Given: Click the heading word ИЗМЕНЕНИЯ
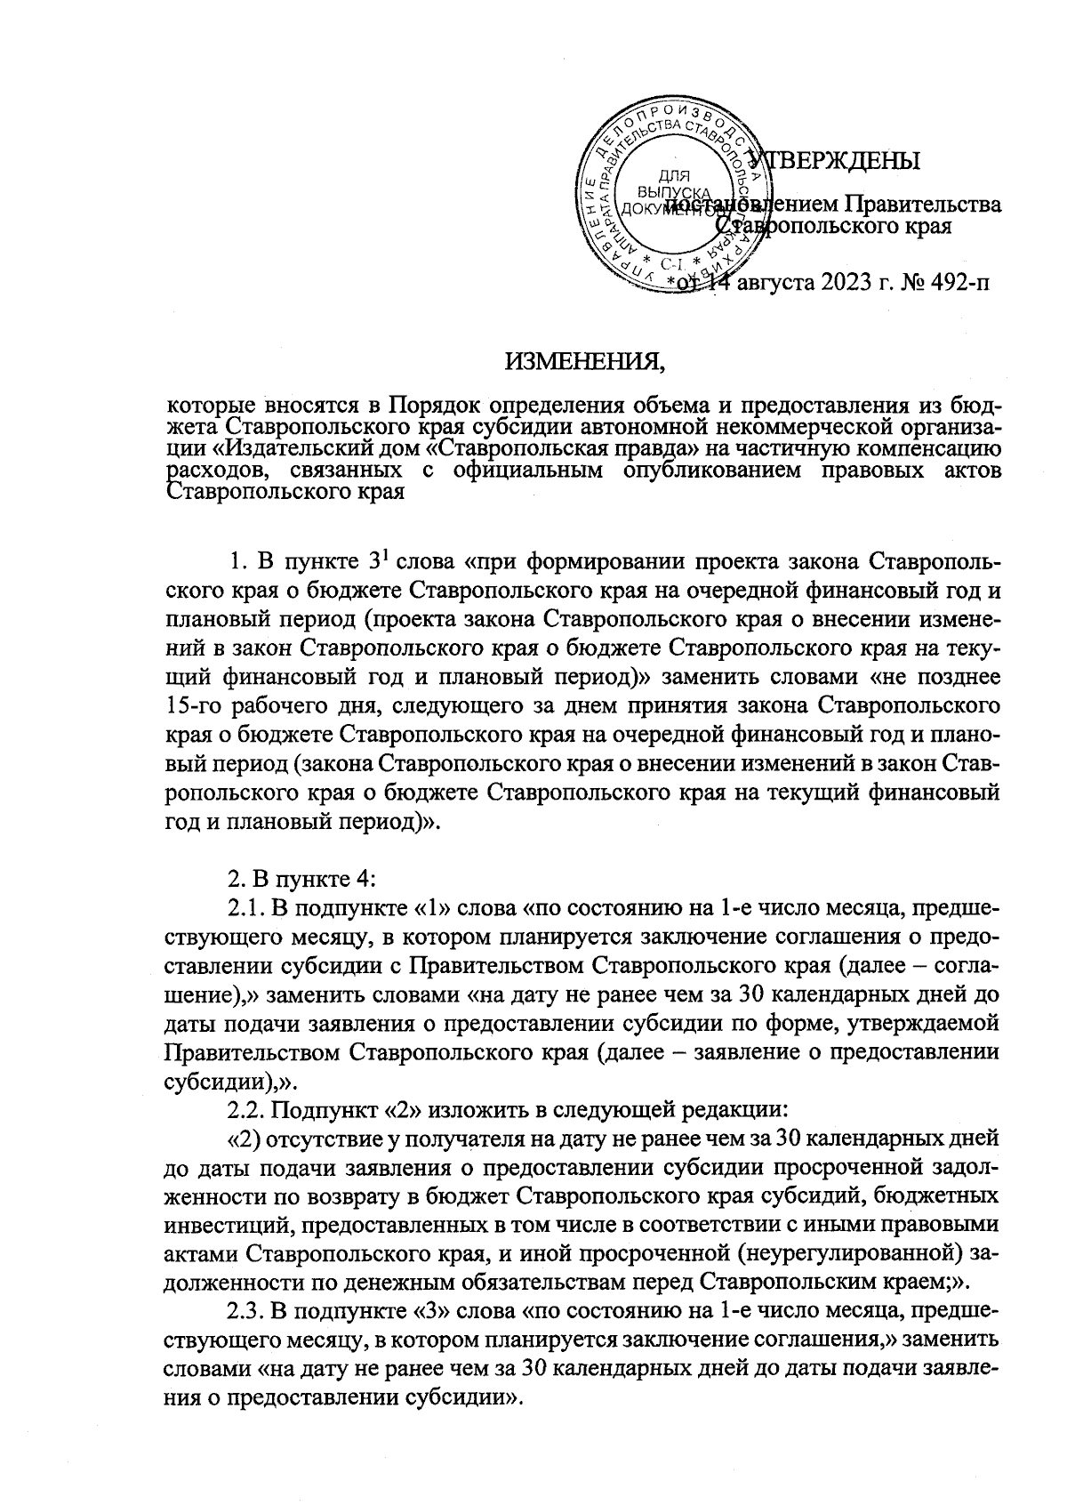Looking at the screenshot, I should click(585, 362).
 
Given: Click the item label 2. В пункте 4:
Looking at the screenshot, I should click(302, 879).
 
